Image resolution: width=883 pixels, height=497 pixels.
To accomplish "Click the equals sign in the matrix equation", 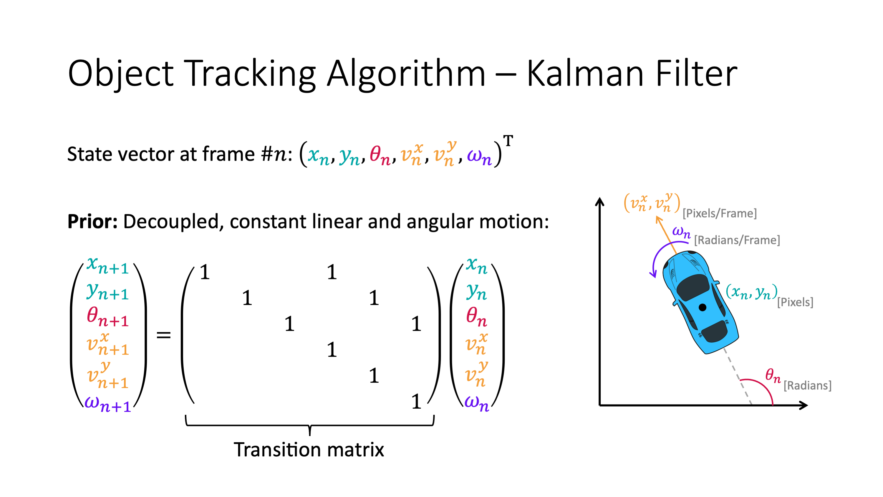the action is [163, 334].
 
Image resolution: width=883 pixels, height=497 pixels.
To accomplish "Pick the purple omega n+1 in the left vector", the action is [108, 404].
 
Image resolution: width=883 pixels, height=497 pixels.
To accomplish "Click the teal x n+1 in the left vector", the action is [108, 265].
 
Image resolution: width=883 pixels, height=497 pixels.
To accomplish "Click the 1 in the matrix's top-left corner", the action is [205, 272].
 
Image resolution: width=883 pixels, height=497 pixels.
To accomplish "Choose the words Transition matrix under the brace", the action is [309, 450].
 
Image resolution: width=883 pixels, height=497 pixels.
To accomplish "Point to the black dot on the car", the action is [702, 307].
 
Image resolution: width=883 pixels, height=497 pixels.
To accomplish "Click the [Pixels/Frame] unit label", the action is [720, 214].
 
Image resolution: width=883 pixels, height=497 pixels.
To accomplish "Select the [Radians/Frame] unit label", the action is [737, 240].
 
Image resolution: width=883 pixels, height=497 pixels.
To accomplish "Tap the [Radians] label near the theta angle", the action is [807, 386].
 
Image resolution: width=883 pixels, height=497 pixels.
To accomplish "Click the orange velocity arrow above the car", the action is [666, 235].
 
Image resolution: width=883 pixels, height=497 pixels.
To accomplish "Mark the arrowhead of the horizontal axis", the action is [804, 405].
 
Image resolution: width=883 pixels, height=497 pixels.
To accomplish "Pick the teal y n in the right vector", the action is [476, 292].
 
